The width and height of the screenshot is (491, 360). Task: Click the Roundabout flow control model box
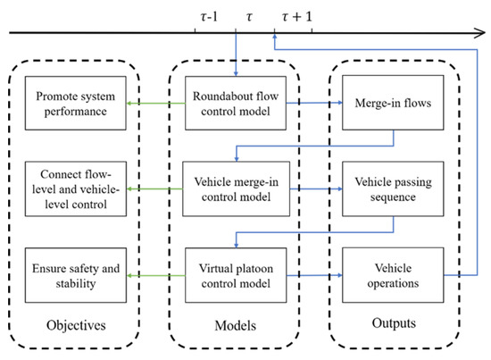point(235,104)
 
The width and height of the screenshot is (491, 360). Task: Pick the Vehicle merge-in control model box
point(235,189)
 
